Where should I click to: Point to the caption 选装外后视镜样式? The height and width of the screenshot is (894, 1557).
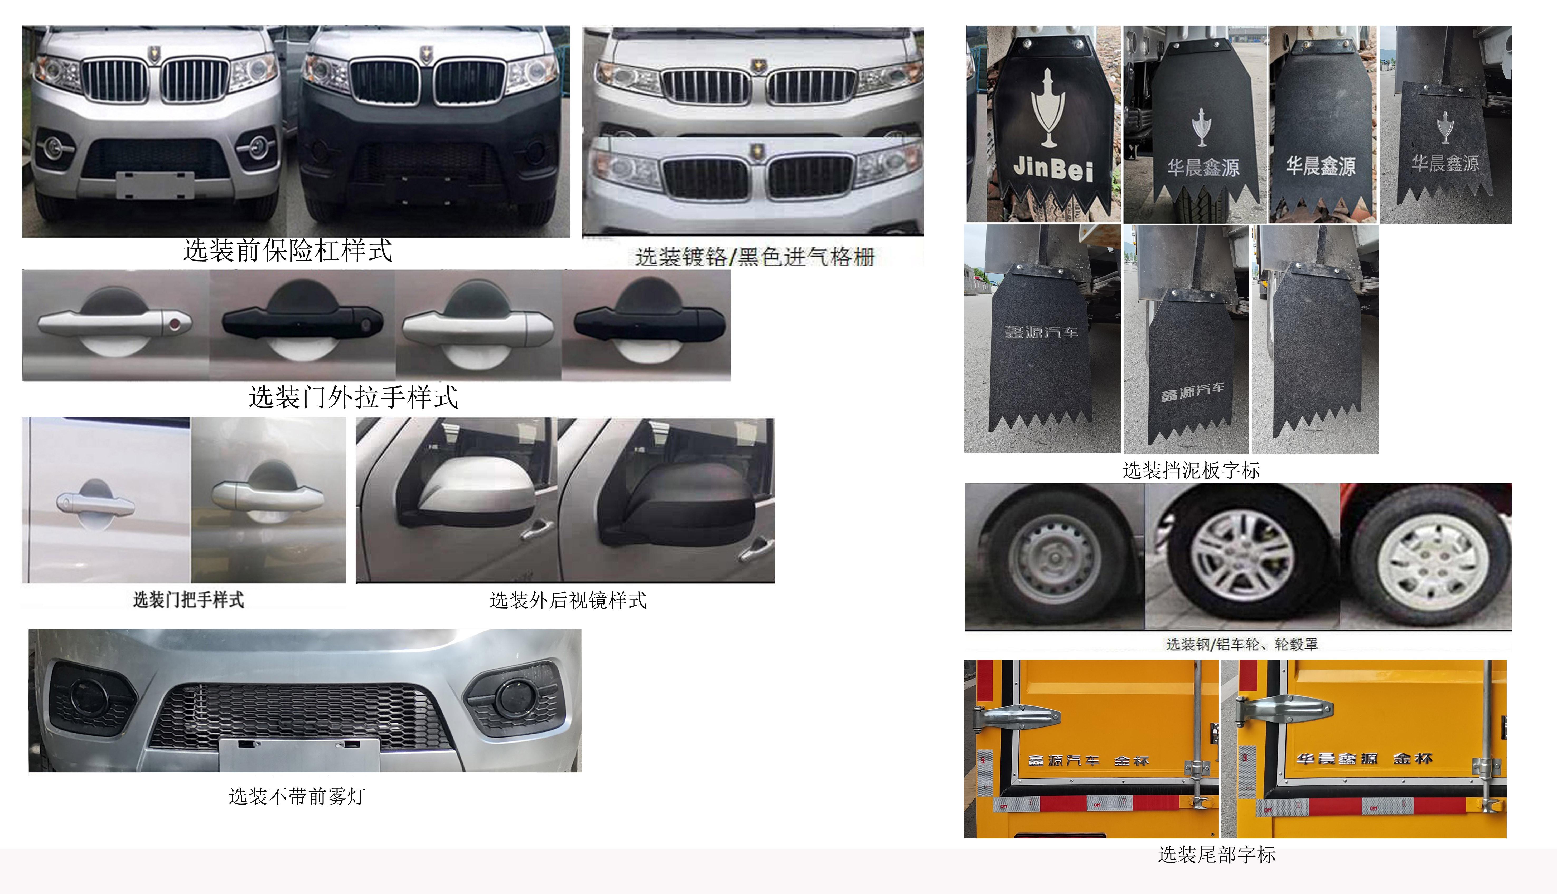(568, 600)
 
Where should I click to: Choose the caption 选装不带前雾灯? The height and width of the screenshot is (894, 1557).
(297, 796)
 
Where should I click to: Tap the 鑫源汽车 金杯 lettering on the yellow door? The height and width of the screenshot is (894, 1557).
(1088, 761)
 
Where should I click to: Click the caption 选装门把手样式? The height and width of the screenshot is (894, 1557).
(189, 599)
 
